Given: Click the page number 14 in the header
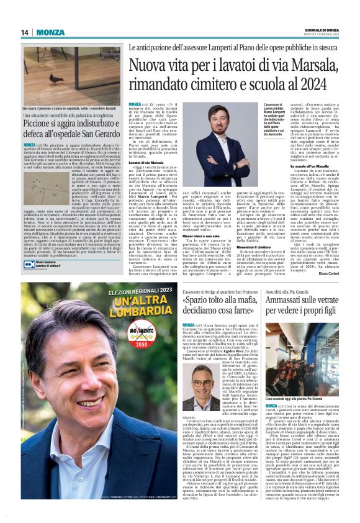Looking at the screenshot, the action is click(25, 33).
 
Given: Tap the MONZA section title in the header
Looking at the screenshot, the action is click(50, 33).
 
